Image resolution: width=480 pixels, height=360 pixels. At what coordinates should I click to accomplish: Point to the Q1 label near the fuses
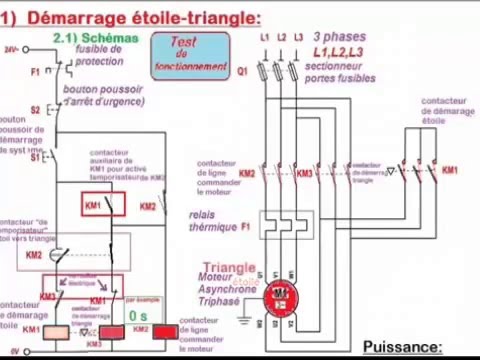(243, 72)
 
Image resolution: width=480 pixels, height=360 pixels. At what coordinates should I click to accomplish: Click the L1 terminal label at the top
(265, 38)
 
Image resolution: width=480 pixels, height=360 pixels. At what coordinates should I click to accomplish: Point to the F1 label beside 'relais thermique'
(245, 228)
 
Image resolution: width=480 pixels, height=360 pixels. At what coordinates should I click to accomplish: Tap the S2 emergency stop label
(34, 109)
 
